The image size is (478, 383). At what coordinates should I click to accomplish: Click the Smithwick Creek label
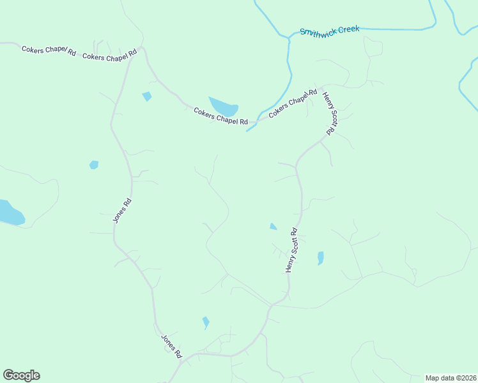tap(330, 30)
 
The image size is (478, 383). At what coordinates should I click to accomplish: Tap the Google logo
tap(21, 375)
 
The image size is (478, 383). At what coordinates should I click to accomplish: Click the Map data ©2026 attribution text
tap(451, 378)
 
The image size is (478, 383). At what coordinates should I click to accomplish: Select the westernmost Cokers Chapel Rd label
tap(49, 50)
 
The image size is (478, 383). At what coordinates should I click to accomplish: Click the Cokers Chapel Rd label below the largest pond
tap(220, 116)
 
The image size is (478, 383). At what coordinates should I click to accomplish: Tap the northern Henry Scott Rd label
tap(330, 114)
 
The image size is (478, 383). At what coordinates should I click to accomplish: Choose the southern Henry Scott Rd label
tap(292, 251)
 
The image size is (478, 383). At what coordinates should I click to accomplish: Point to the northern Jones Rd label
tap(122, 210)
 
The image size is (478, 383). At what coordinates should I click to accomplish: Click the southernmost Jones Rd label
tap(171, 347)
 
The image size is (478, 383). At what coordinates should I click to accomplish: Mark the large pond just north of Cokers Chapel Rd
tap(224, 107)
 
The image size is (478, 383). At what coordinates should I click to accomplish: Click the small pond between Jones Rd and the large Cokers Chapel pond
tap(147, 96)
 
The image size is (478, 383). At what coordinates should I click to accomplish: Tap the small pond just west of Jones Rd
tap(94, 165)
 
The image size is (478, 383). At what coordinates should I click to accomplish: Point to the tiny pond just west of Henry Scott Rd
tap(274, 226)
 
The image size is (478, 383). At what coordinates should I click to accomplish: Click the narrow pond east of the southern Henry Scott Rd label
tap(320, 258)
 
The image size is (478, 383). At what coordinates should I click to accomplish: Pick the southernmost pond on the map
tap(206, 322)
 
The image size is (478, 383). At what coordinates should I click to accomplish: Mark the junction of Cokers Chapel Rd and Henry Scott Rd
tap(321, 86)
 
